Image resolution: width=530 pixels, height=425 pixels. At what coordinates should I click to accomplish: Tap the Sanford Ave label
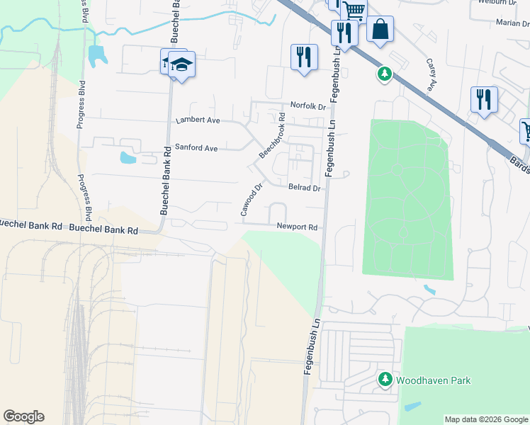(196, 149)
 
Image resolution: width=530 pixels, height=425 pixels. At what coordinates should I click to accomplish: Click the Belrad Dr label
(305, 188)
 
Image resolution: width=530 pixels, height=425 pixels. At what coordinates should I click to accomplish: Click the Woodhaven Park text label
(433, 380)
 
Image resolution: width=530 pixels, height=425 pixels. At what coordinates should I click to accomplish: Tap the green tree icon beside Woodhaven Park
(385, 380)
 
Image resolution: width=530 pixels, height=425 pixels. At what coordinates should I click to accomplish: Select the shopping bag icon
(380, 30)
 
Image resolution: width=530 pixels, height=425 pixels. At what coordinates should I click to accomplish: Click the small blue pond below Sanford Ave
(128, 157)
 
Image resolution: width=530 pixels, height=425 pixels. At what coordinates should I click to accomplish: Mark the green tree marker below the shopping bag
(384, 73)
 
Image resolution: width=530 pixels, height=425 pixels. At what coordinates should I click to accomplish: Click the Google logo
(23, 416)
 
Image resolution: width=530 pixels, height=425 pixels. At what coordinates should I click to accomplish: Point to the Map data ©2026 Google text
(485, 419)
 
